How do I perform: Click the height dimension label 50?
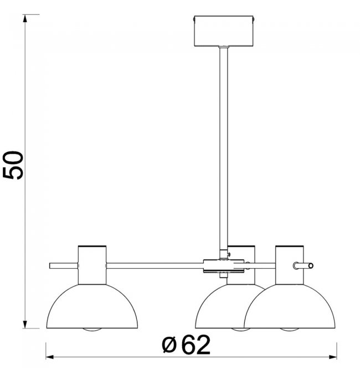click(x=13, y=165)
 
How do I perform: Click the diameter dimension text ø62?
click(x=186, y=345)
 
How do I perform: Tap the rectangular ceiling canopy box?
click(x=223, y=31)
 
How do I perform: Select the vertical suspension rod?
click(x=223, y=148)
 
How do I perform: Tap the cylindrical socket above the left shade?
click(x=92, y=265)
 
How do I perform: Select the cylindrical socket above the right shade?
click(x=290, y=265)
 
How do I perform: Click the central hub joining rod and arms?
click(x=223, y=266)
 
